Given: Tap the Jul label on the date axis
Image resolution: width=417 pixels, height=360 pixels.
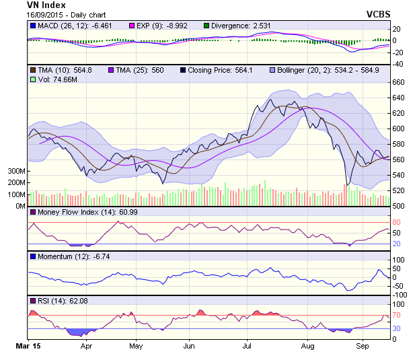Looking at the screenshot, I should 247,346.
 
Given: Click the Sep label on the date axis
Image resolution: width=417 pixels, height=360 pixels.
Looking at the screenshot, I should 362,346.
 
